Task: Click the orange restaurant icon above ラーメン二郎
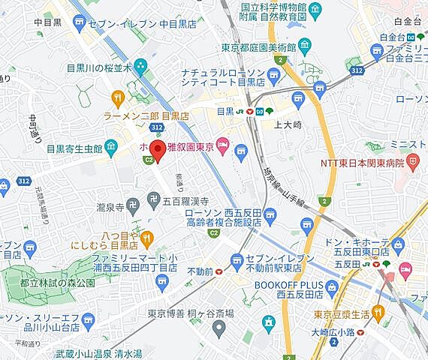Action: [117, 97]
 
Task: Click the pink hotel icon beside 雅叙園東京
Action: [222, 144]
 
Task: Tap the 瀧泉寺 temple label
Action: [110, 203]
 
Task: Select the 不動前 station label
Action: [199, 271]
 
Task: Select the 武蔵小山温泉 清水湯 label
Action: [109, 352]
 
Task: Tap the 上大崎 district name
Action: [288, 126]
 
